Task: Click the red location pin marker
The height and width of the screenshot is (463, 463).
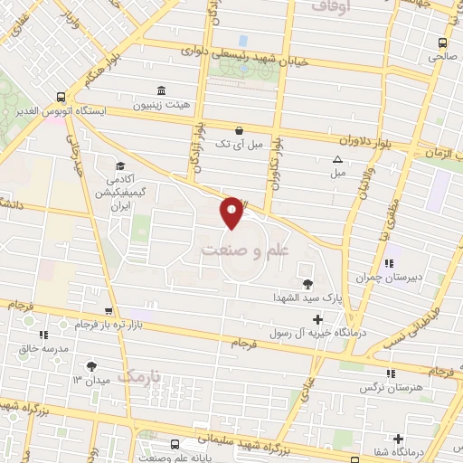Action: coord(232,213)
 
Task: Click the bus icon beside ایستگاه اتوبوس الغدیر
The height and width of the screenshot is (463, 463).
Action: coord(61,96)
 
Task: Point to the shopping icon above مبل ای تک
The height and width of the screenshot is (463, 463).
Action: coord(239,130)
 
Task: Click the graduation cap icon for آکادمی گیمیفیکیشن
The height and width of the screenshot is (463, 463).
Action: coord(119,165)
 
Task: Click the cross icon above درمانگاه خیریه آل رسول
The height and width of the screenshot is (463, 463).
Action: coord(317,319)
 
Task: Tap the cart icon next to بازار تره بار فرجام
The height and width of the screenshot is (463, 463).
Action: coord(109,311)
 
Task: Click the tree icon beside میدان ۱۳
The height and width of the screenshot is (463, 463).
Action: coord(90,365)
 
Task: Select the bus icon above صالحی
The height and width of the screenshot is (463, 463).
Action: coord(441,43)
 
